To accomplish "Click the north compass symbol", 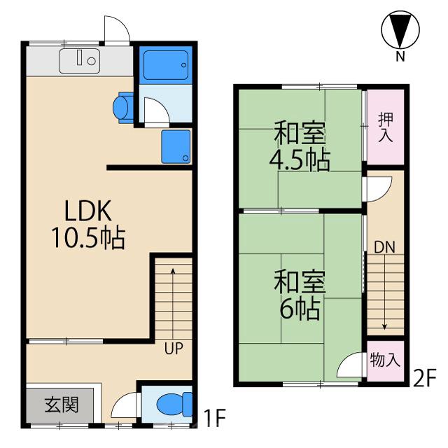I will (x=400, y=31).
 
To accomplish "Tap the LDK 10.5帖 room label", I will (x=87, y=225).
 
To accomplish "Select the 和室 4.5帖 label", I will (x=301, y=146).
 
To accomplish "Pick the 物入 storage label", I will (x=384, y=361).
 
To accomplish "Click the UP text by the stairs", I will (x=175, y=348).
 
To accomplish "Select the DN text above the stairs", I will (x=384, y=246).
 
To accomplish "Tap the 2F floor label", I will (x=424, y=379).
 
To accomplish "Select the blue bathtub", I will (x=164, y=64).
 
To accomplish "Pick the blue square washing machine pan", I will (x=176, y=146).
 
